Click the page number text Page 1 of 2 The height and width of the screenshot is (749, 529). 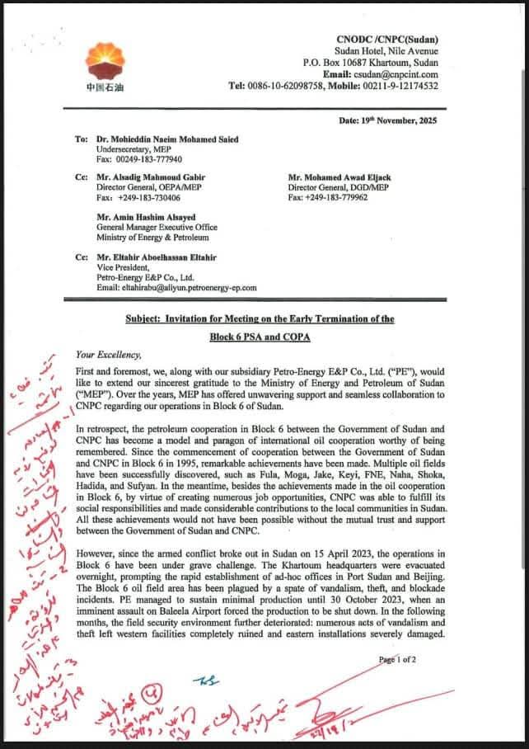tap(399, 660)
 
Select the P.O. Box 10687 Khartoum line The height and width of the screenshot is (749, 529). tap(370, 62)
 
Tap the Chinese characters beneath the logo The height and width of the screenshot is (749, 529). tap(101, 88)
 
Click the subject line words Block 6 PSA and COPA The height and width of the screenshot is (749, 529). tap(259, 337)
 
